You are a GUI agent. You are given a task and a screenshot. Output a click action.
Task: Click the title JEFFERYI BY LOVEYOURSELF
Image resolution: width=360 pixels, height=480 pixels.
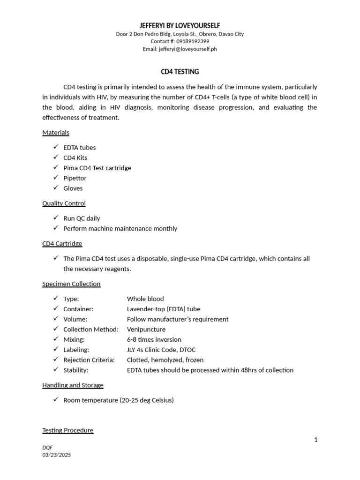tap(180, 25)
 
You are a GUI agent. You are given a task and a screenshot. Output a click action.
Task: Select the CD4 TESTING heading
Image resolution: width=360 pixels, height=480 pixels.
tap(180, 72)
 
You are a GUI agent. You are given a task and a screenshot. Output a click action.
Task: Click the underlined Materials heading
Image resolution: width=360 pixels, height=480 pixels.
tap(56, 133)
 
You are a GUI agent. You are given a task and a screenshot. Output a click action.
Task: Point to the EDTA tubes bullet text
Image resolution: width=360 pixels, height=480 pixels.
tap(80, 148)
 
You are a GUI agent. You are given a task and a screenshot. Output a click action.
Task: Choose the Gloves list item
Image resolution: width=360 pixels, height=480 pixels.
tap(73, 188)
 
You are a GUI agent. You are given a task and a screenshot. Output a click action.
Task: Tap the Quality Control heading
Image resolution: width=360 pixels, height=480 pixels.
tap(64, 203)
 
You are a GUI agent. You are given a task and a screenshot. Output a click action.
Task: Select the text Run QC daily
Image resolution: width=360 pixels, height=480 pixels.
tap(82, 218)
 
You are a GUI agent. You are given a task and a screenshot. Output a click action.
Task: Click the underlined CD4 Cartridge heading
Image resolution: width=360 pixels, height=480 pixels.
tap(62, 244)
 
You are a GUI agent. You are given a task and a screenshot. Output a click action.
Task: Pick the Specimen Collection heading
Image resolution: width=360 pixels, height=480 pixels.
tap(71, 284)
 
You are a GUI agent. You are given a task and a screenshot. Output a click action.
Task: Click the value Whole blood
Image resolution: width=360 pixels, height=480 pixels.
tap(145, 299)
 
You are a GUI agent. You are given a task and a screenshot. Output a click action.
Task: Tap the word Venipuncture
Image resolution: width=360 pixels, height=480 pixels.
tap(146, 330)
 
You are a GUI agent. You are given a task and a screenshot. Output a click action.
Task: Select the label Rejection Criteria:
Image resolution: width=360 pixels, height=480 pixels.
tap(89, 360)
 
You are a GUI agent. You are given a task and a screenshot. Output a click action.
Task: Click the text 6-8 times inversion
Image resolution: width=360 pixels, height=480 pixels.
tap(154, 340)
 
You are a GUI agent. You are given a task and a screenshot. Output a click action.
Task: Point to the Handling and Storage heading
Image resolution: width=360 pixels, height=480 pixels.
tap(73, 385)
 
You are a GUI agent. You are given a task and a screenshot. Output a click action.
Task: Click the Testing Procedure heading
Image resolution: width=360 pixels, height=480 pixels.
tap(68, 430)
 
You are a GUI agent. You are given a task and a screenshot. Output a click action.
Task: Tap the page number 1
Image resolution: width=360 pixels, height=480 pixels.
tap(316, 440)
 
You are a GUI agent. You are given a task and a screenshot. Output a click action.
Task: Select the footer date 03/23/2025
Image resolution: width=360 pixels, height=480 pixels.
tap(56, 455)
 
